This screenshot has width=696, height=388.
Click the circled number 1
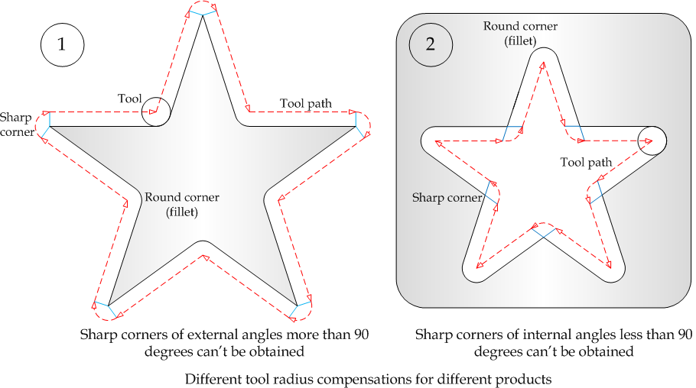coord(61,44)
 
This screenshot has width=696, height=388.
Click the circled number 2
coord(431,44)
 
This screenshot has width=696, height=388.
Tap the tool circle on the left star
coord(155,112)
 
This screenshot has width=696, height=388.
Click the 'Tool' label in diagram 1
coord(130,99)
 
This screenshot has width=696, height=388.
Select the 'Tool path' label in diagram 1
coord(306,103)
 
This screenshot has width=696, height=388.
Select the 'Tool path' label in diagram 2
coord(586,162)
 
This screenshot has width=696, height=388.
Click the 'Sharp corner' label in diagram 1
coord(17,124)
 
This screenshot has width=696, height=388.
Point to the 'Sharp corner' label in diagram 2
coord(447,198)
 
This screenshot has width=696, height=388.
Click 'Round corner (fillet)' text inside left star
coord(182,205)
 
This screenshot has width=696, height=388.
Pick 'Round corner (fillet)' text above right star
coord(520,33)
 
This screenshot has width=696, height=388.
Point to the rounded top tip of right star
coord(542,51)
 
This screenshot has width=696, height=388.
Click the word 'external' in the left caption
coord(197,335)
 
